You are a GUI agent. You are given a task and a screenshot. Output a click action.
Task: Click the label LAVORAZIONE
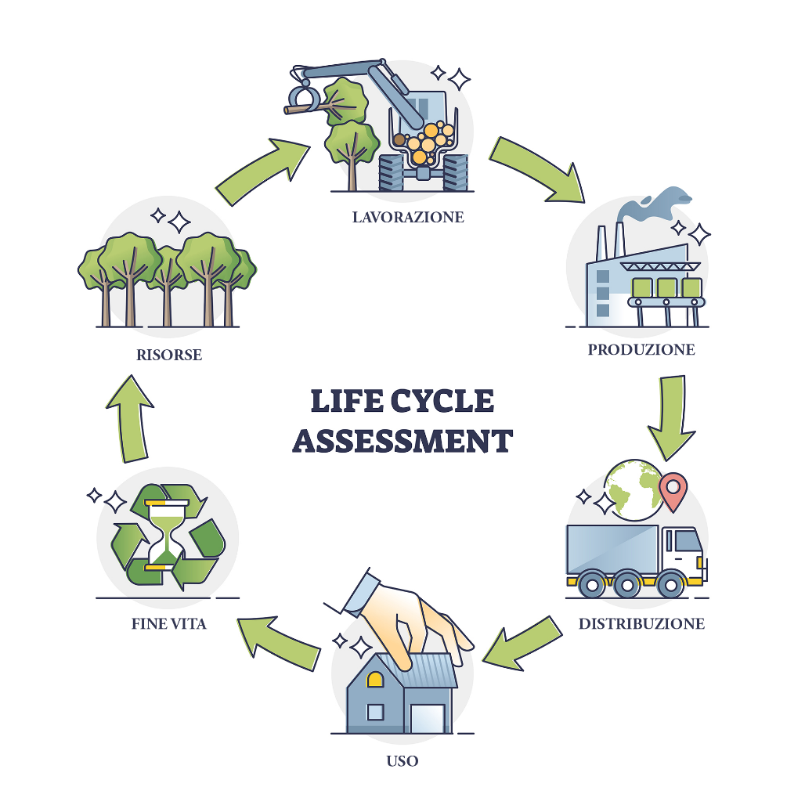coord(407,216)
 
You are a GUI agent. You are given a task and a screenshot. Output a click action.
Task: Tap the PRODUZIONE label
coord(641,349)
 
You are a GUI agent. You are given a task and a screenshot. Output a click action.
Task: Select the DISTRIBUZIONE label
coord(641,623)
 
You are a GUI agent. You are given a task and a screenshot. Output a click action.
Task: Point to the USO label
coord(402,760)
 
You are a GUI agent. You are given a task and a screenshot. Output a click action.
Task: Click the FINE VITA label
coord(169,624)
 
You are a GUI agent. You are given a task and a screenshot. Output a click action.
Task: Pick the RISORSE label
coord(169,355)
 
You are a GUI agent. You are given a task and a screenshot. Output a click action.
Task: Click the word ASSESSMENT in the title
coord(402,440)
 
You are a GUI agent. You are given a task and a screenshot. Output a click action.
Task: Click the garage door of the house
coord(427,717)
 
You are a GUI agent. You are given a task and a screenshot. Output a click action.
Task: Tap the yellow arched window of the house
coord(375,680)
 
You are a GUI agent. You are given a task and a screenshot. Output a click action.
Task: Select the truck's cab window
coord(686,540)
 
